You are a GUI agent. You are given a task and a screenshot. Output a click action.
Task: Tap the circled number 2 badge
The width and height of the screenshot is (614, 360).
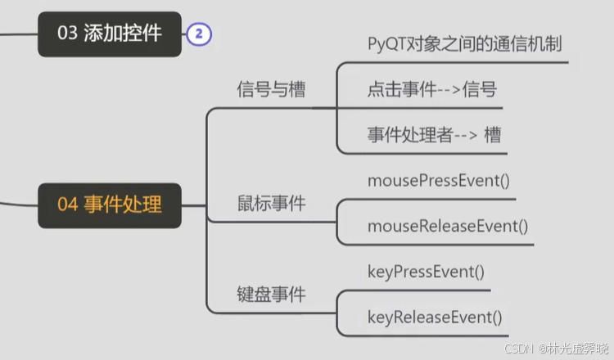click(199, 34)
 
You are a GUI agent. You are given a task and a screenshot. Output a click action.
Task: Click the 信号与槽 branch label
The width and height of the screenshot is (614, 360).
click(271, 88)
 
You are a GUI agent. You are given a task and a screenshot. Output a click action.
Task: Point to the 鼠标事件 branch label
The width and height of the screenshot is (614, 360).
click(271, 203)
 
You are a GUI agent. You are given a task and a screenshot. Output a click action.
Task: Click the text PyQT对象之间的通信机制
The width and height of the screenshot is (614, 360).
click(464, 44)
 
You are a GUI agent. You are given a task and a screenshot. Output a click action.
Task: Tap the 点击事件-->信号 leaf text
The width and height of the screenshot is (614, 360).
click(431, 90)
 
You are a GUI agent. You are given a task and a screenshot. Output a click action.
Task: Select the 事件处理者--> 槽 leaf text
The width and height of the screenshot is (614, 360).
click(434, 136)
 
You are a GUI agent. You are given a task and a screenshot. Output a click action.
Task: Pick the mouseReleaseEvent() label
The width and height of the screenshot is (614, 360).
click(448, 225)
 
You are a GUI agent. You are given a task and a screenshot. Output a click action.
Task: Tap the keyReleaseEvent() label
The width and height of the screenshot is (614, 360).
click(435, 316)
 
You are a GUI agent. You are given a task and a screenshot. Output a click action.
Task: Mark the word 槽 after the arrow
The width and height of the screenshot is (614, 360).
click(492, 136)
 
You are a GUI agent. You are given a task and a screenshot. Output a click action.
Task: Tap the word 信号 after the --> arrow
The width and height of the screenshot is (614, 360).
click(479, 90)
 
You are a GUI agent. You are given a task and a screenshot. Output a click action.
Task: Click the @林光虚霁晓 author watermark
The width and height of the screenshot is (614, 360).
click(571, 349)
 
